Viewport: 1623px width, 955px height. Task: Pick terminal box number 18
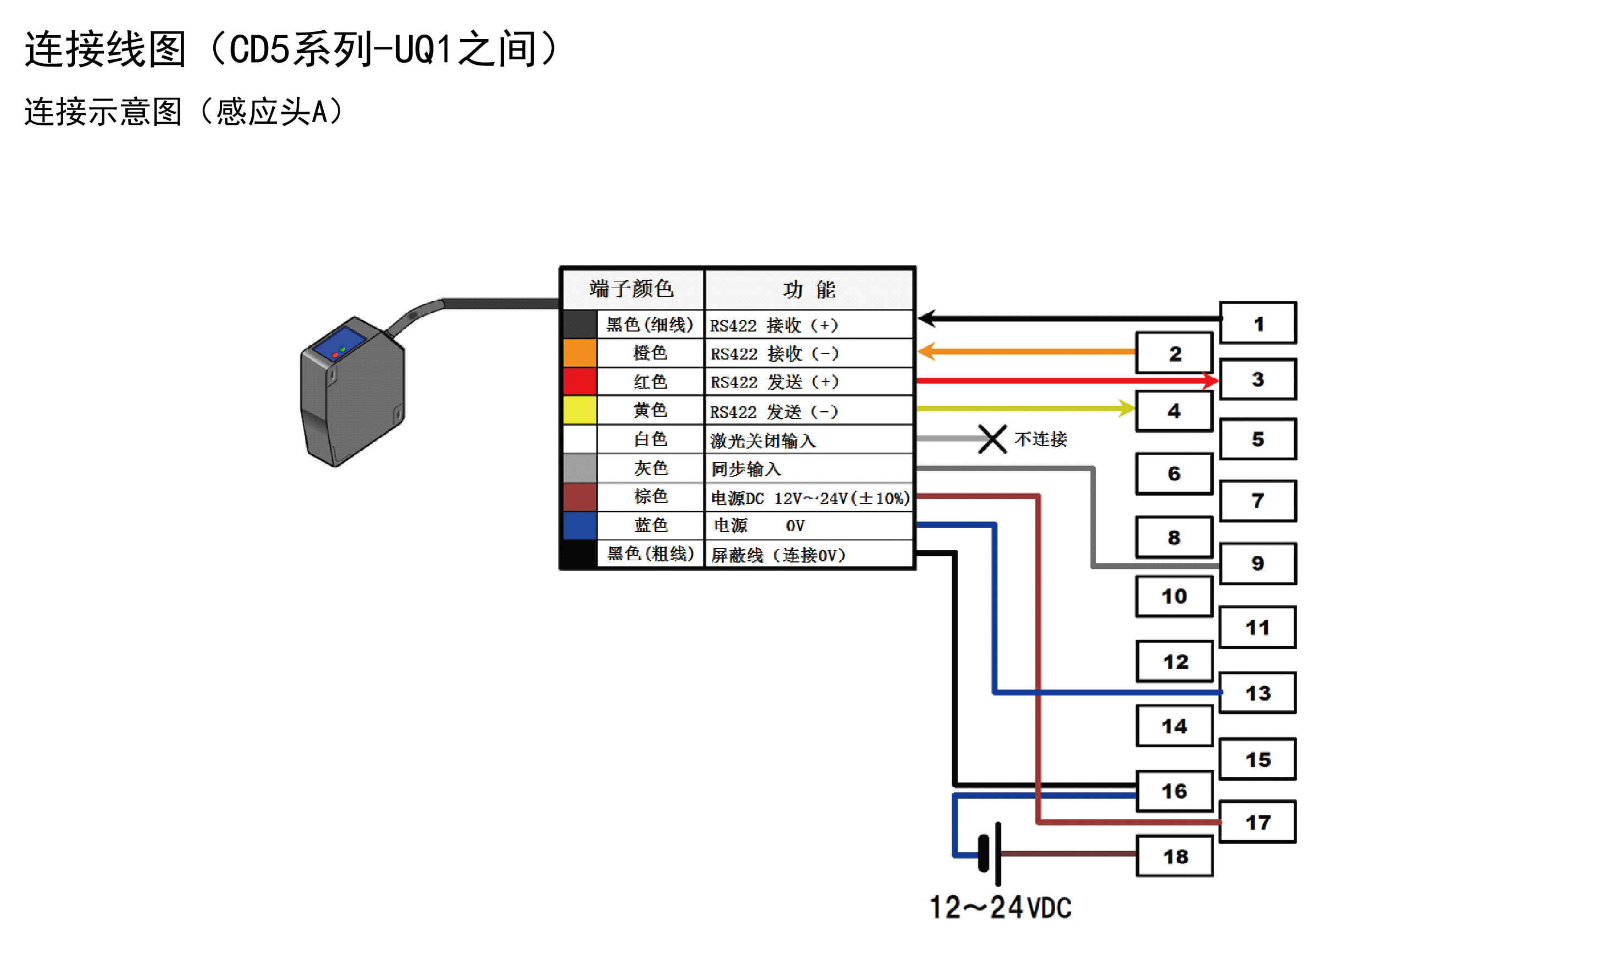point(1174,856)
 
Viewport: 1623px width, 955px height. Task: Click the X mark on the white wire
point(992,439)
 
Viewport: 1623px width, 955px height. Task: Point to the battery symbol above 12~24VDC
point(990,853)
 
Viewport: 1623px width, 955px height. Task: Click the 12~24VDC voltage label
point(1000,907)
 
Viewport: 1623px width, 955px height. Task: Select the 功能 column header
point(808,289)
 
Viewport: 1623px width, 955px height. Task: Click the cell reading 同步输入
point(745,468)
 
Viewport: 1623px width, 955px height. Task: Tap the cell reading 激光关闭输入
point(762,440)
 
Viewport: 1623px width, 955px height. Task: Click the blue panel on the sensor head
point(339,344)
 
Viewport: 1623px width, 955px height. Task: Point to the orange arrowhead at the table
point(927,351)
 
